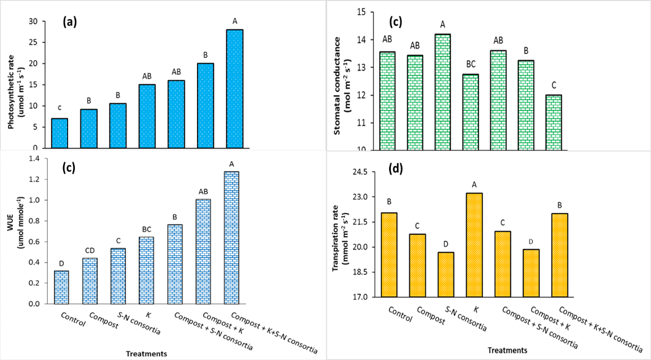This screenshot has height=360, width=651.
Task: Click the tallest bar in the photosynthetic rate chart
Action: [234, 89]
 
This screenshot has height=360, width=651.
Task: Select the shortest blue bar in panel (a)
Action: [60, 133]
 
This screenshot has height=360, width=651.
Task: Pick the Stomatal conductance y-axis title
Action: [341, 85]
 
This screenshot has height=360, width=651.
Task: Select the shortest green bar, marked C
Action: [553, 123]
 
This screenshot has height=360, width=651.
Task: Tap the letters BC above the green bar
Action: [471, 64]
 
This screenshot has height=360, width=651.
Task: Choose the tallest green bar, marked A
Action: [442, 92]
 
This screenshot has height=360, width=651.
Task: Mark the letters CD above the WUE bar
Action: [90, 250]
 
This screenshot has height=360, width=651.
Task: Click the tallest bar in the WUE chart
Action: [231, 237]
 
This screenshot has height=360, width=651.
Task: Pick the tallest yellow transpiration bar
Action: [474, 245]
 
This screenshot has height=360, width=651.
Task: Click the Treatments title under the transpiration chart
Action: [507, 350]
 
